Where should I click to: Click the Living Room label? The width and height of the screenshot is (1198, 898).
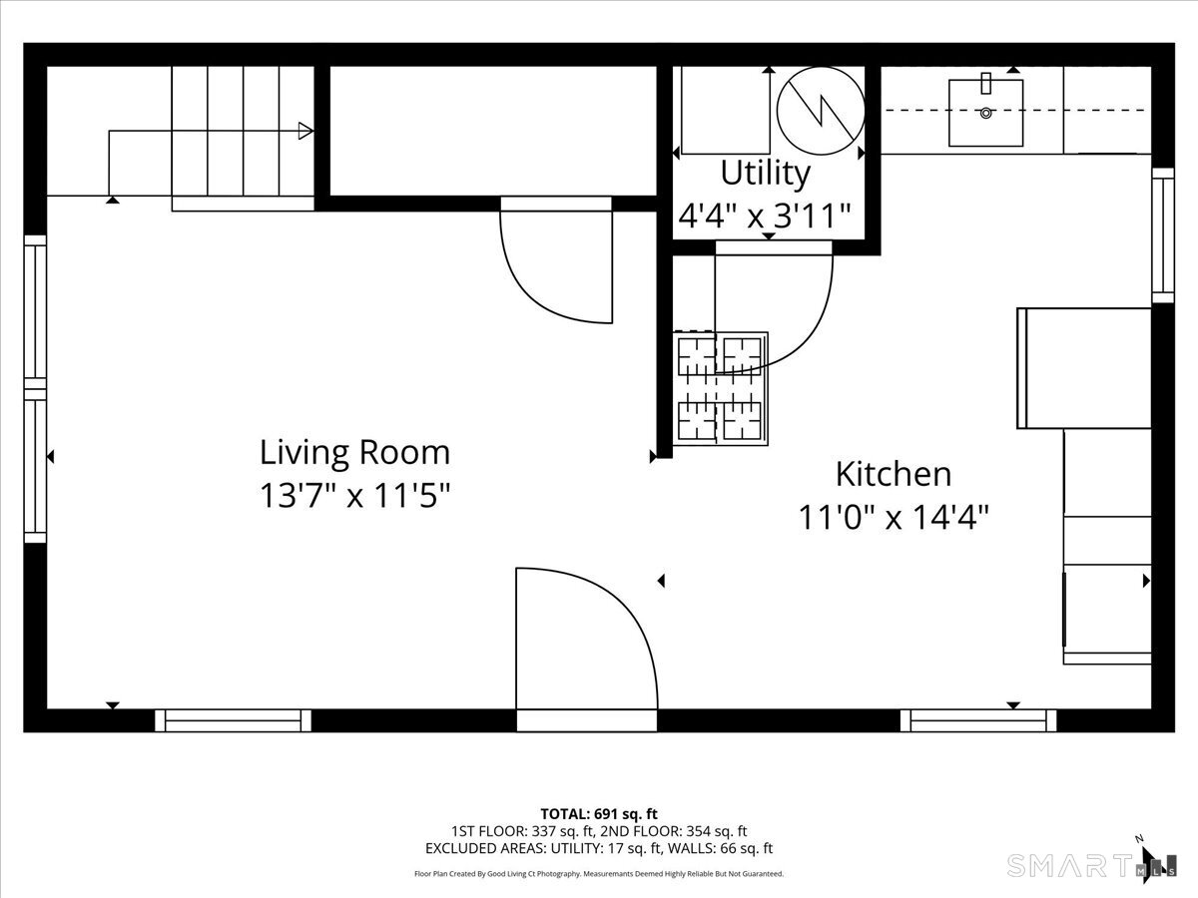click(x=354, y=453)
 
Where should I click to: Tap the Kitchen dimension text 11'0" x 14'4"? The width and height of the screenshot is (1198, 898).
click(x=894, y=517)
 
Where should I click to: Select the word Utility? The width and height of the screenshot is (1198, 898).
click(x=765, y=174)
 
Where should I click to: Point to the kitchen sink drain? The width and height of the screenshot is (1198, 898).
click(x=985, y=113)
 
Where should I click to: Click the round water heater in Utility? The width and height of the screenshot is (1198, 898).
click(x=821, y=111)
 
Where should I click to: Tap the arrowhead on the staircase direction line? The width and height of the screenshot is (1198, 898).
click(x=305, y=131)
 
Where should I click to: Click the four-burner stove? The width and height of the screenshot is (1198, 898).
click(x=721, y=388)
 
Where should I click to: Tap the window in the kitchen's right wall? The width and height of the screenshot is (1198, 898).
click(x=1162, y=235)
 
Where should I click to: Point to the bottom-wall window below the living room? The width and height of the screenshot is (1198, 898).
click(x=233, y=720)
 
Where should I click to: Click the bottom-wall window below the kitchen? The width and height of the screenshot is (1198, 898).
click(x=978, y=720)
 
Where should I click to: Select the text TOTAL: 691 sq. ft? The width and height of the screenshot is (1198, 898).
click(x=599, y=814)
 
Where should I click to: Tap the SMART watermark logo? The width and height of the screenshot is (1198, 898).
click(x=1071, y=866)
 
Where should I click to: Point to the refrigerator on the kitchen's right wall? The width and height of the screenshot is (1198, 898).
click(x=1084, y=368)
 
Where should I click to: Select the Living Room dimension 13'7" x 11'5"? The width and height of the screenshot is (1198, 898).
click(x=354, y=496)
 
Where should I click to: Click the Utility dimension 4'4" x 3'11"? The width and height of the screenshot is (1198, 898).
click(x=765, y=216)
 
